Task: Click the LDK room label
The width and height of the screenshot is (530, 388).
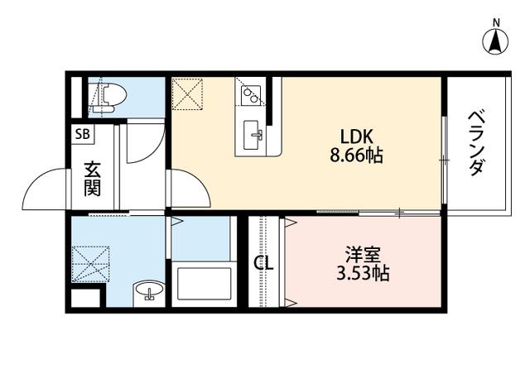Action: click(x=357, y=137)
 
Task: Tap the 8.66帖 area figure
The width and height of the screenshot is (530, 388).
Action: click(x=356, y=156)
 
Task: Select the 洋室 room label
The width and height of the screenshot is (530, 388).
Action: click(x=363, y=255)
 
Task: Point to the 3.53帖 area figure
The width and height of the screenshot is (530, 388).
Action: click(x=363, y=274)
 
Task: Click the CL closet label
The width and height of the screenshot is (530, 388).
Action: click(x=264, y=263)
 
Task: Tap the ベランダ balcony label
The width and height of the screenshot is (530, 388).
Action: click(x=477, y=144)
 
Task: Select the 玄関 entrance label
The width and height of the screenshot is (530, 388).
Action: click(x=92, y=179)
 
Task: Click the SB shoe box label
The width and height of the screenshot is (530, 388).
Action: click(x=83, y=134)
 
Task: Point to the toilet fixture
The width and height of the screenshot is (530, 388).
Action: click(x=108, y=98)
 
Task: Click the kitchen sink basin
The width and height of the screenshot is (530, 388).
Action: click(x=252, y=135)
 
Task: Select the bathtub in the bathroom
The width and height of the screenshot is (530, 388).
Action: click(x=205, y=283)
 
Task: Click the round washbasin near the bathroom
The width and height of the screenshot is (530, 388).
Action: click(x=149, y=290)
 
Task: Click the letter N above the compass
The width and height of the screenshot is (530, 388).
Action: click(x=496, y=23)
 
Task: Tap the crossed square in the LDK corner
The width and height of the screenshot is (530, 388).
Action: click(x=187, y=93)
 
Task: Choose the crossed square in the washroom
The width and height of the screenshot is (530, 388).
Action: click(x=90, y=264)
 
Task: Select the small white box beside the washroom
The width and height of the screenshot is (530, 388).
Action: click(x=85, y=298)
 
